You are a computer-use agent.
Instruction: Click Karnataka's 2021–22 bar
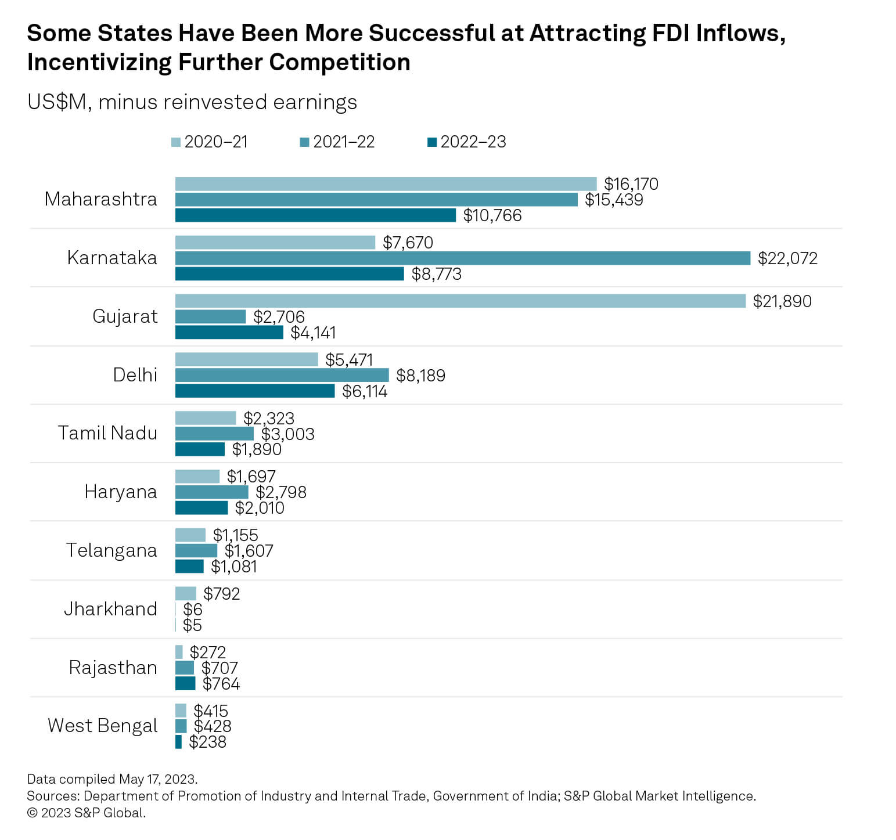point(462,258)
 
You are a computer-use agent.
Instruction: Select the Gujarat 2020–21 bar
point(460,301)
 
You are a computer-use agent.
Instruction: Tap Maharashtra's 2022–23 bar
point(315,215)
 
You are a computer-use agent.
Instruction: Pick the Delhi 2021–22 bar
point(282,375)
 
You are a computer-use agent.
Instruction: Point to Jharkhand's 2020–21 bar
point(186,594)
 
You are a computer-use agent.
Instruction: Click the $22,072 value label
point(787,258)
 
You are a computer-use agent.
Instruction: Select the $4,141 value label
point(313,333)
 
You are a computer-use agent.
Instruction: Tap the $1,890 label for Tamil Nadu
point(257,449)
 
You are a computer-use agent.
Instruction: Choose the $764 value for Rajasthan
point(221,684)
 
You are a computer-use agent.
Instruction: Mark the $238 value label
point(207,742)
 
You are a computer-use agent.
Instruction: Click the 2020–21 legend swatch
point(177,142)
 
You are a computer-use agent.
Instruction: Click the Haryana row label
point(121,492)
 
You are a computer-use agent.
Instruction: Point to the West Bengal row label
point(103,726)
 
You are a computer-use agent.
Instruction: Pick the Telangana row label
point(111,550)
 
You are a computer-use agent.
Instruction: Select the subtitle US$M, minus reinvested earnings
point(192,102)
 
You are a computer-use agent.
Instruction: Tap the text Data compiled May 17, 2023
point(112,779)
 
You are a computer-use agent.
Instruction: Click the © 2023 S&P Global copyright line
point(87,813)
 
